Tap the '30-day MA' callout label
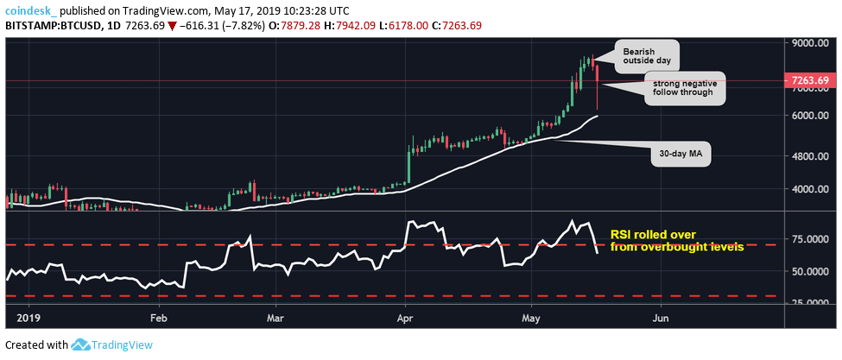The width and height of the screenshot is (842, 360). point(680,155)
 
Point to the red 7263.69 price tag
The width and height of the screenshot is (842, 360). point(810,81)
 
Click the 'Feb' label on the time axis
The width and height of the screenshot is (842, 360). point(158,318)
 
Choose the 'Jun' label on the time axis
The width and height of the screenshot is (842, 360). point(661,318)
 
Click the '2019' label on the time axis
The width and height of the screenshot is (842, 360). point(28,318)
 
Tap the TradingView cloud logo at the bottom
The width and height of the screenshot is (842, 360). point(82,345)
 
